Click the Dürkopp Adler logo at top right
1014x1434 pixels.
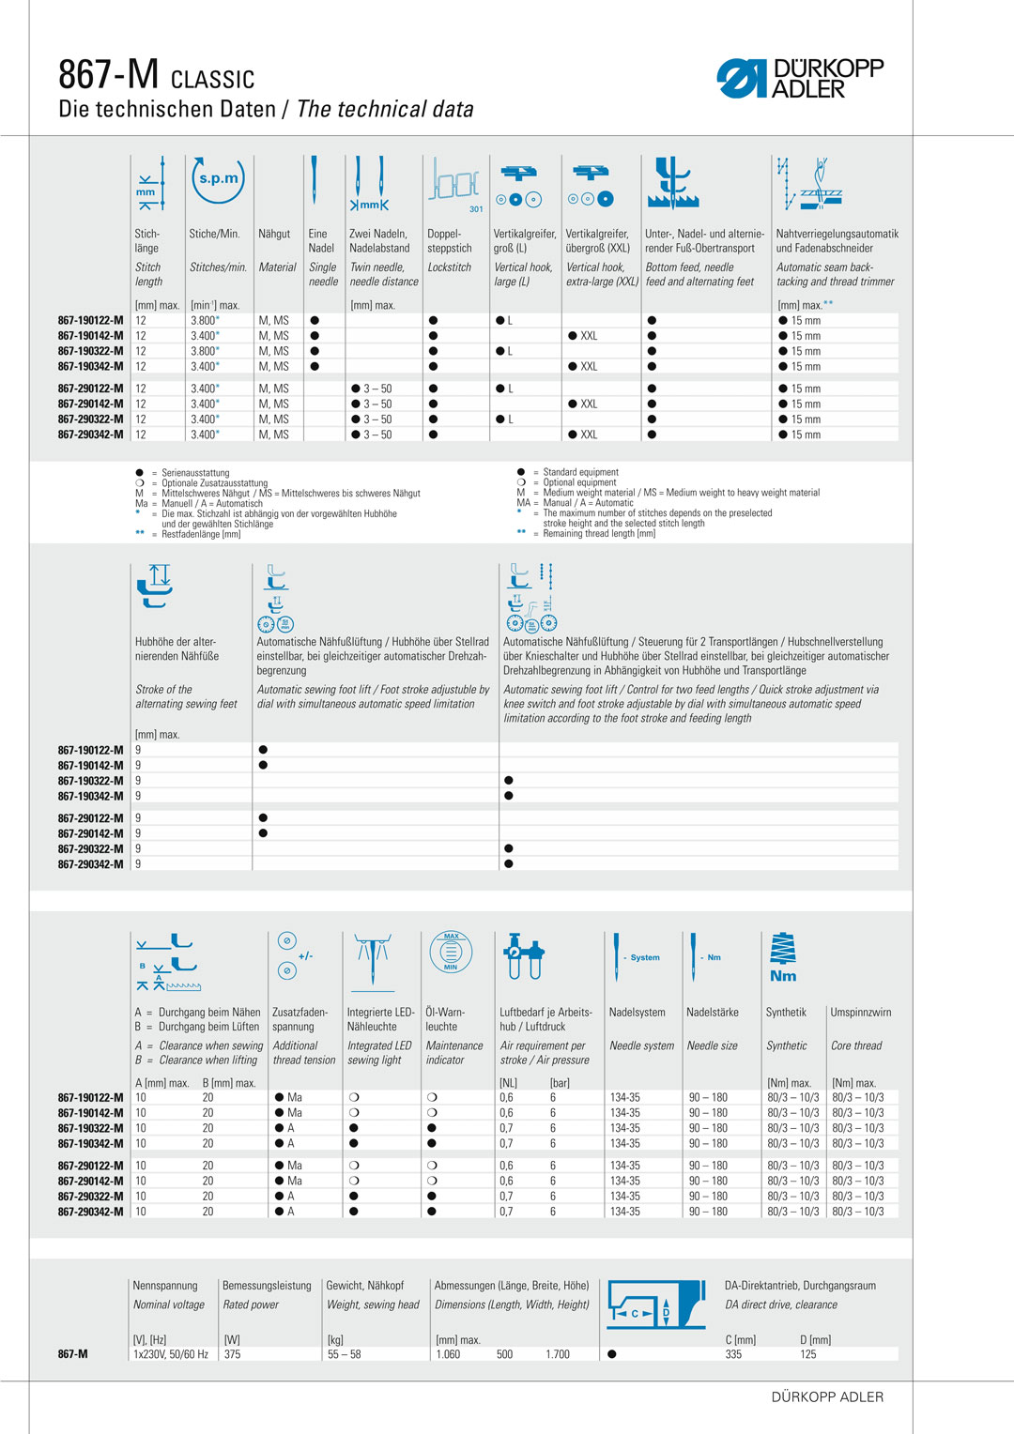pyautogui.click(x=800, y=79)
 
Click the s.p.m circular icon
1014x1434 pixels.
pyautogui.click(x=218, y=178)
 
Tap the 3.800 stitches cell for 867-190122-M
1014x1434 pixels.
pyautogui.click(x=204, y=321)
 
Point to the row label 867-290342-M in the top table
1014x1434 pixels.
pyautogui.click(x=90, y=435)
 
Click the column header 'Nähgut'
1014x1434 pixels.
pyautogui.click(x=274, y=234)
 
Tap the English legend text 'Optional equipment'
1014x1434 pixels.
pyautogui.click(x=579, y=482)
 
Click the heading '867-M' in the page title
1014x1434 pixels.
pyautogui.click(x=108, y=74)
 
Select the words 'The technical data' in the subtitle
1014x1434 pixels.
pyautogui.click(x=385, y=110)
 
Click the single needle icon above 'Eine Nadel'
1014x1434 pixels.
pyautogui.click(x=315, y=180)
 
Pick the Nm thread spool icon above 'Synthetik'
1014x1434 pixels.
pyautogui.click(x=783, y=957)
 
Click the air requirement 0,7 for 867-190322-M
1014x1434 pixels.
pyautogui.click(x=506, y=1128)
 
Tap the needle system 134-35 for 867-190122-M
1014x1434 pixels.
pyautogui.click(x=624, y=1097)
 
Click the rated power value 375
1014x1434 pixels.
pyautogui.click(x=232, y=1354)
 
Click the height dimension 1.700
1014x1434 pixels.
pyautogui.click(x=557, y=1354)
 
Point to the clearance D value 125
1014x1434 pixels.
pyautogui.click(x=807, y=1354)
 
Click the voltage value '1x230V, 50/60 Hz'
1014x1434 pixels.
pyautogui.click(x=170, y=1354)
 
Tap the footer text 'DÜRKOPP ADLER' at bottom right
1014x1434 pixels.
pyautogui.click(x=827, y=1397)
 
